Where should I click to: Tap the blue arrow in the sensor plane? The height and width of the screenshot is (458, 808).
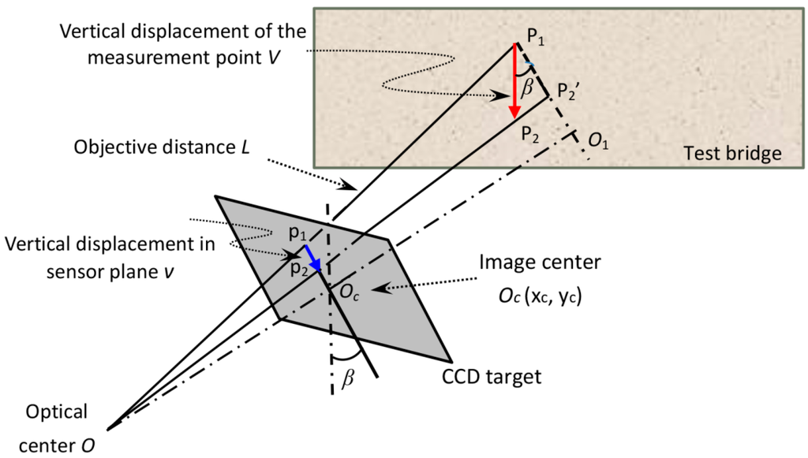[312, 258]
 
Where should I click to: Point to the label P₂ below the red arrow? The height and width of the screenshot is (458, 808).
[531, 135]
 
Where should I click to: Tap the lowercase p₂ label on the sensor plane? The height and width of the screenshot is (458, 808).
[297, 270]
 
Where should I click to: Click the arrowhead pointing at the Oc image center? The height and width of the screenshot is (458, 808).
[376, 289]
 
